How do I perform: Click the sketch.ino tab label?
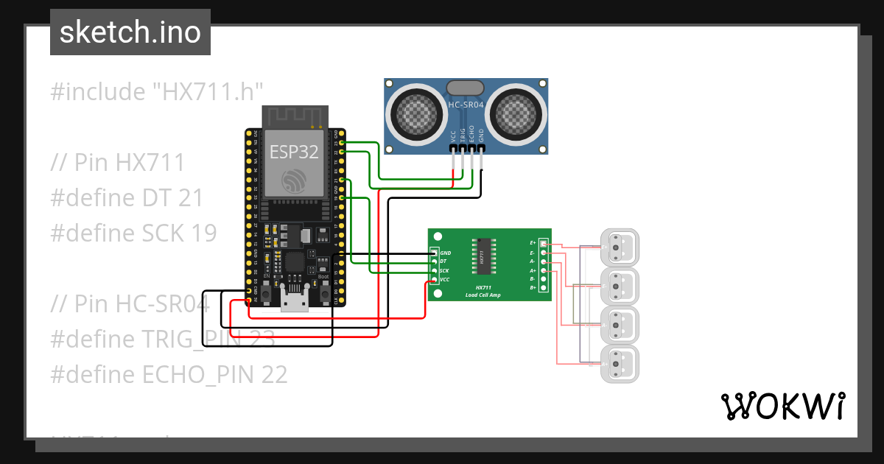tap(130, 32)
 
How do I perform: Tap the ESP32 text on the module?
tap(294, 152)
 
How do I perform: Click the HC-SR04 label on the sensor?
tap(466, 105)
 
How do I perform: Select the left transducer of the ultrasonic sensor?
tap(417, 111)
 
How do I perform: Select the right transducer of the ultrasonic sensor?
tap(515, 111)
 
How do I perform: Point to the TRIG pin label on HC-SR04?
tap(463, 136)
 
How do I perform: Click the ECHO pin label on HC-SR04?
tap(472, 136)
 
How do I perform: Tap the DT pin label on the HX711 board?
tap(443, 261)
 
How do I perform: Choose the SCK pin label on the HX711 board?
tap(444, 271)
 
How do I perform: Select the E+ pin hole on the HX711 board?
tap(544, 243)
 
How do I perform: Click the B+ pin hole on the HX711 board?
tap(544, 288)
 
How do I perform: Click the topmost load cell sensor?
tap(620, 246)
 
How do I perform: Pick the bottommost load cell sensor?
tap(620, 363)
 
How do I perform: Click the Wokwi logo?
tap(782, 406)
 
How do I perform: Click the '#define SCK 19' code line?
tap(133, 233)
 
